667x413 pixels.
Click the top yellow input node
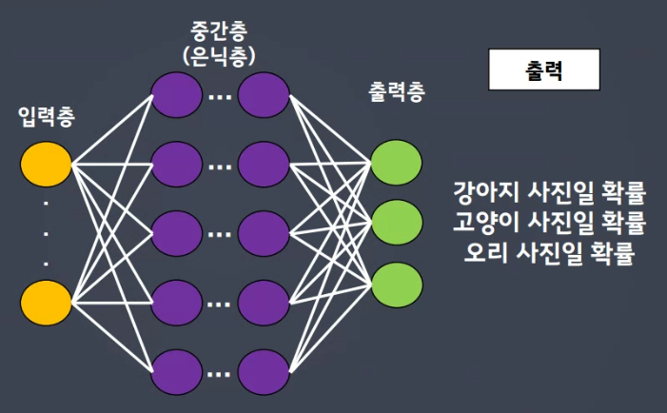47,165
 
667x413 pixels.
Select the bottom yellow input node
47,302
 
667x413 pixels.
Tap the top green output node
397,163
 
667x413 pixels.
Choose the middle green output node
397,223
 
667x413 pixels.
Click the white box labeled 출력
542,70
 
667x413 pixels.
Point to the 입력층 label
47,118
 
